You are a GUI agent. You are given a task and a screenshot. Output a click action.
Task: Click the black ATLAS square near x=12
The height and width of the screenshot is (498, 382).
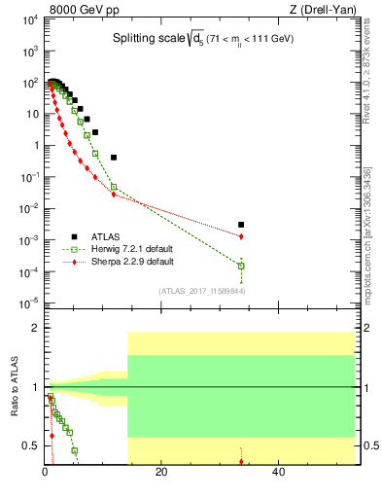pyautogui.click(x=114, y=157)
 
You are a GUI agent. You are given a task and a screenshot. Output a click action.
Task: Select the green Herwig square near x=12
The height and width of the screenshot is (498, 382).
pyautogui.click(x=114, y=187)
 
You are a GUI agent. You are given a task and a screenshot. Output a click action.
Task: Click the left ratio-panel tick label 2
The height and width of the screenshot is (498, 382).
pyautogui.click(x=34, y=328)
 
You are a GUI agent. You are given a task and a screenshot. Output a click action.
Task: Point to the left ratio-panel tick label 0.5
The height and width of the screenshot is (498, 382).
pyautogui.click(x=29, y=446)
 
